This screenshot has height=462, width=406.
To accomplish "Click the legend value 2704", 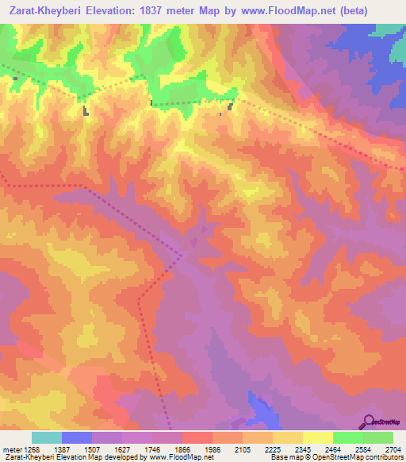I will [x=391, y=449].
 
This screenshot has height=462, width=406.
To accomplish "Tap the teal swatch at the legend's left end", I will [x=46, y=437].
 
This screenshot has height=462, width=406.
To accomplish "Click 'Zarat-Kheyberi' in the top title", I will [x=47, y=11].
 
